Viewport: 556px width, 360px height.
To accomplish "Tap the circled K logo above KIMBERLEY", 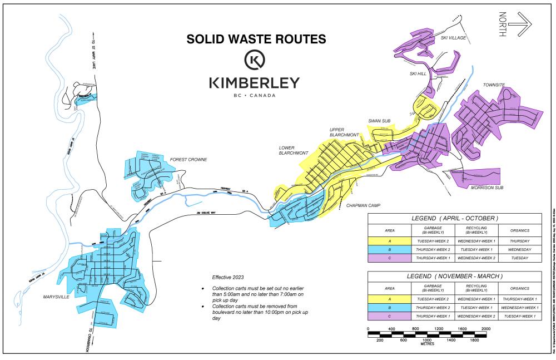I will [x=255, y=60].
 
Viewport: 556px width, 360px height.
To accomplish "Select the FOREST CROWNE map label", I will [x=188, y=160].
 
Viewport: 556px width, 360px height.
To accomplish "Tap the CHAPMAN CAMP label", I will [x=362, y=205].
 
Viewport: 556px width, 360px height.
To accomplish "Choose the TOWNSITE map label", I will [x=494, y=85].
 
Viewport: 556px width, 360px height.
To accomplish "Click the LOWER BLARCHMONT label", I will [x=294, y=150].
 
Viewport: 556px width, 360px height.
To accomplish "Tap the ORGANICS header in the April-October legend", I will [x=521, y=230].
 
